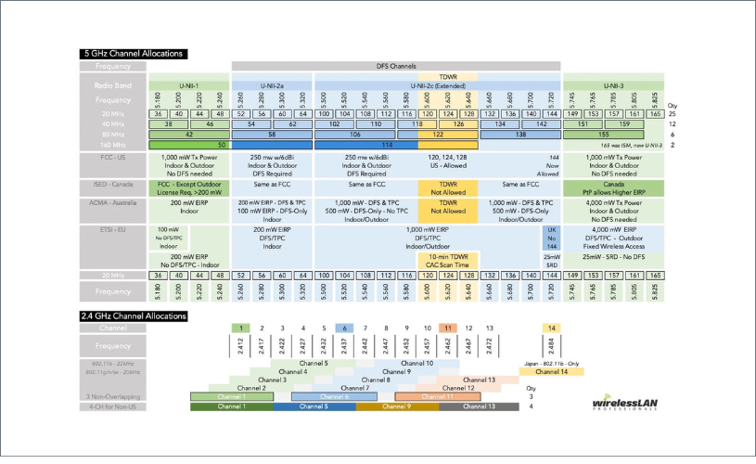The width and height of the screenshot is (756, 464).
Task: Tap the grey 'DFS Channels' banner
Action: pos(395,67)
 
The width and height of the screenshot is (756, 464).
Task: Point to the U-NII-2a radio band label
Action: pos(272,85)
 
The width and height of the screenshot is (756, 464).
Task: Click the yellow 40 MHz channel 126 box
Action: pos(457,122)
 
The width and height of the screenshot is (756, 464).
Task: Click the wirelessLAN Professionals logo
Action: pos(623,404)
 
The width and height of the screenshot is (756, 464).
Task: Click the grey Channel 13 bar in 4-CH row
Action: pos(480,406)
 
